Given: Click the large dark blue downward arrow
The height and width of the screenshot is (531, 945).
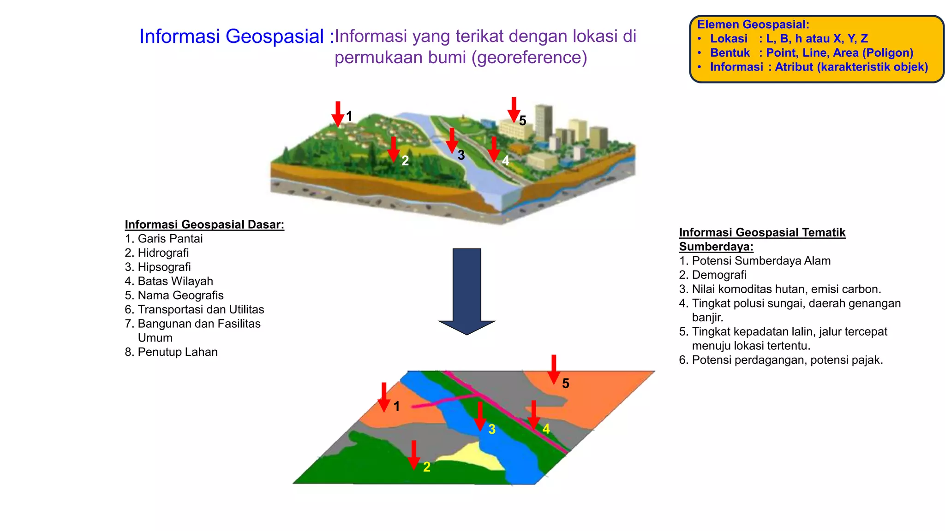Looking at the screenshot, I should (x=467, y=290).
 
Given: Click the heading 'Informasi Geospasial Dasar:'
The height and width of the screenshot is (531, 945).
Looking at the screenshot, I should (x=204, y=224).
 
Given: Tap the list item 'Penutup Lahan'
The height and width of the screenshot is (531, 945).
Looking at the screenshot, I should (x=177, y=352).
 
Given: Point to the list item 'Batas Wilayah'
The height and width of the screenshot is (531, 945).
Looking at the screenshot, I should (x=175, y=281).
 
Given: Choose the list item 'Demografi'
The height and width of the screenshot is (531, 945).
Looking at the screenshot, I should (x=719, y=275).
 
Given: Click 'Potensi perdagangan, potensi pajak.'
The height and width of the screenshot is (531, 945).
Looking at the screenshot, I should (x=787, y=360).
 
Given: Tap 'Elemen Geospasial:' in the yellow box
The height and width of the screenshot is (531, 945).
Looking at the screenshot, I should (x=753, y=24).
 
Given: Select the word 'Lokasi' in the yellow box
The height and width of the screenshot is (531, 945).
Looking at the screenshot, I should (x=729, y=39).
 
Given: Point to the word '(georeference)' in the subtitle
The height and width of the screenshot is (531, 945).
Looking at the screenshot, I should (x=530, y=58).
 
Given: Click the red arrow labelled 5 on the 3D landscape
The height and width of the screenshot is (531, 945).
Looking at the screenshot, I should (x=514, y=109).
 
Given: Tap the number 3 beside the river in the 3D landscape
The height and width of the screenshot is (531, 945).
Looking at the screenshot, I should (x=461, y=155).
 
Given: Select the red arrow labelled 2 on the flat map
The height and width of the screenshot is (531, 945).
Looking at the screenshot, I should (x=414, y=454).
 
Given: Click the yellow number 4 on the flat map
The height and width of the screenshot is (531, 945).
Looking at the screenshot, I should (x=546, y=429).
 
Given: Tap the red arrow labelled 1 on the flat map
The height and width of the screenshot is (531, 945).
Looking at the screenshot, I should (x=384, y=396).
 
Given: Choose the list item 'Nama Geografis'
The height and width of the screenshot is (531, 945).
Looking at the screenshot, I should (x=180, y=295).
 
